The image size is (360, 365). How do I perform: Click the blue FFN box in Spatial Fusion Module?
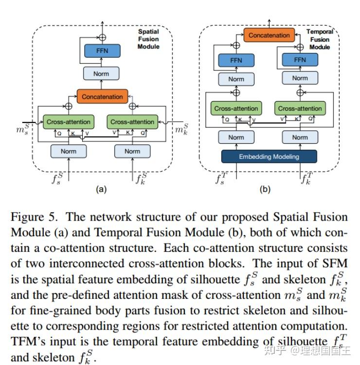click(x=102, y=50)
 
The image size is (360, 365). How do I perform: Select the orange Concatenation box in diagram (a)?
click(x=102, y=96)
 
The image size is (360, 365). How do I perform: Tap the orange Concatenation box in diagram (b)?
click(x=269, y=35)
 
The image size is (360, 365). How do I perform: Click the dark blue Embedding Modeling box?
click(x=269, y=156)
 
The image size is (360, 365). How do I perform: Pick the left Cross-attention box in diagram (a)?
click(x=69, y=122)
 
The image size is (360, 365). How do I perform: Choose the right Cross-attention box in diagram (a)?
click(x=132, y=122)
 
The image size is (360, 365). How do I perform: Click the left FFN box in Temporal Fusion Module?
click(x=236, y=60)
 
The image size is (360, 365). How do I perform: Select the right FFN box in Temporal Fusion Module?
click(x=300, y=60)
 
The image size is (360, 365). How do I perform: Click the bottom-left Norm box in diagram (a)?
click(x=69, y=151)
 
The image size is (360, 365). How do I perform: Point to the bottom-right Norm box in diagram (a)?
click(x=132, y=151)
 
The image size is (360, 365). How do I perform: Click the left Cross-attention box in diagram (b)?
click(x=236, y=108)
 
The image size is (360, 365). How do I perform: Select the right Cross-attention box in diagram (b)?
click(x=300, y=108)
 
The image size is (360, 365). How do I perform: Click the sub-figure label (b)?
click(x=266, y=190)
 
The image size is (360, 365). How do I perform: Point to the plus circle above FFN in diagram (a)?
click(x=102, y=36)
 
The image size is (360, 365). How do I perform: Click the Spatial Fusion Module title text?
click(x=148, y=39)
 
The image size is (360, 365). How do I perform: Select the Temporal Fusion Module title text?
click(x=320, y=39)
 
